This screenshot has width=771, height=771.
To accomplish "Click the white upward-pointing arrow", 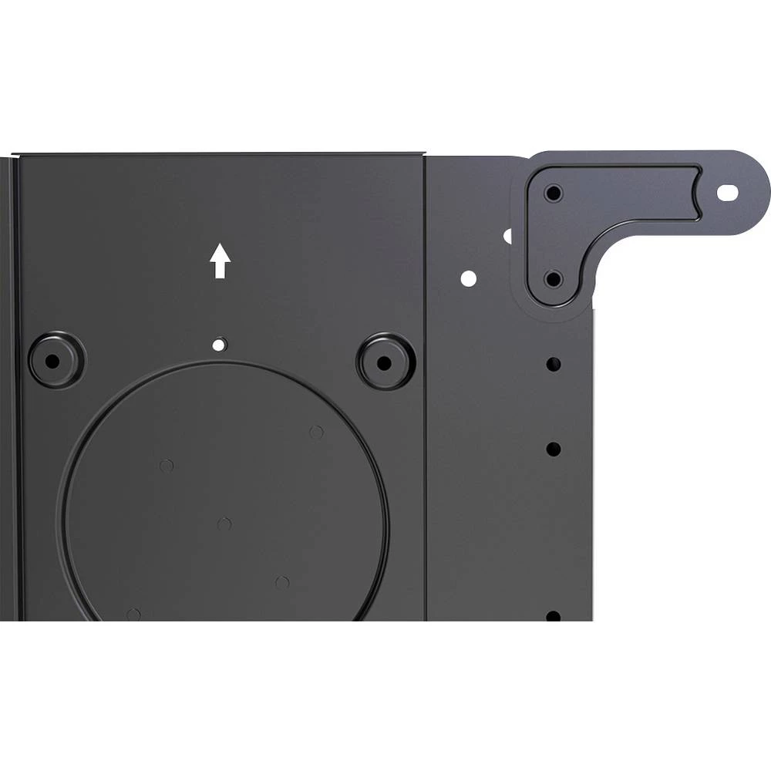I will tap(221, 261).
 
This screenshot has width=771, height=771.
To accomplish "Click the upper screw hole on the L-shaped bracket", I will tap(553, 194).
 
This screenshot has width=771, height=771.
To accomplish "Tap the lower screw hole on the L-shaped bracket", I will tap(553, 278).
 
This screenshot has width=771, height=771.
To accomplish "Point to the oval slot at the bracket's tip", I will tap(727, 192).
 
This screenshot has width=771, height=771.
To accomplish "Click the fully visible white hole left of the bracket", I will tap(467, 278).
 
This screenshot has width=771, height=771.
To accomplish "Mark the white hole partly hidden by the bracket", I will tap(509, 236).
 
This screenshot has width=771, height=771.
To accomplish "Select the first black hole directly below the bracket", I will tap(553, 362).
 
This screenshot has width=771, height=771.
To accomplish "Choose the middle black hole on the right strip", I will tap(553, 448).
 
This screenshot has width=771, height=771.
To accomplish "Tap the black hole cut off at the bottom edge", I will tap(553, 616).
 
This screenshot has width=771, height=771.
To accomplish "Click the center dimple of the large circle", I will tap(224, 524).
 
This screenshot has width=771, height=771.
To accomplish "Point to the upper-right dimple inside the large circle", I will tap(316, 432).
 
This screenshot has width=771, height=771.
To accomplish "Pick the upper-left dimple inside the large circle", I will tap(166, 466).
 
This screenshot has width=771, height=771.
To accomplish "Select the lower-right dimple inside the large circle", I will tap(283, 582).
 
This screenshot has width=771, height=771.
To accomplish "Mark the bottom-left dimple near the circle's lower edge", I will tap(133, 614).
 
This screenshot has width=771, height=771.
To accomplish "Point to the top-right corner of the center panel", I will tap(423, 156).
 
